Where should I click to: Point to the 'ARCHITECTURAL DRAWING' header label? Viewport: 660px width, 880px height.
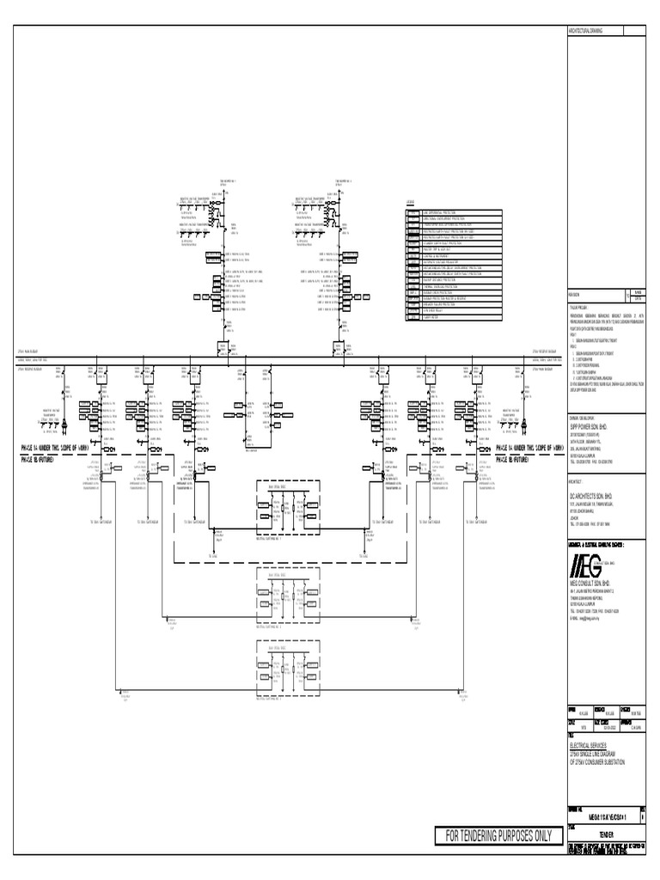tap(584, 30)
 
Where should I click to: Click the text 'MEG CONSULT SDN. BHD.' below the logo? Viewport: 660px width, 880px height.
tap(594, 582)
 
